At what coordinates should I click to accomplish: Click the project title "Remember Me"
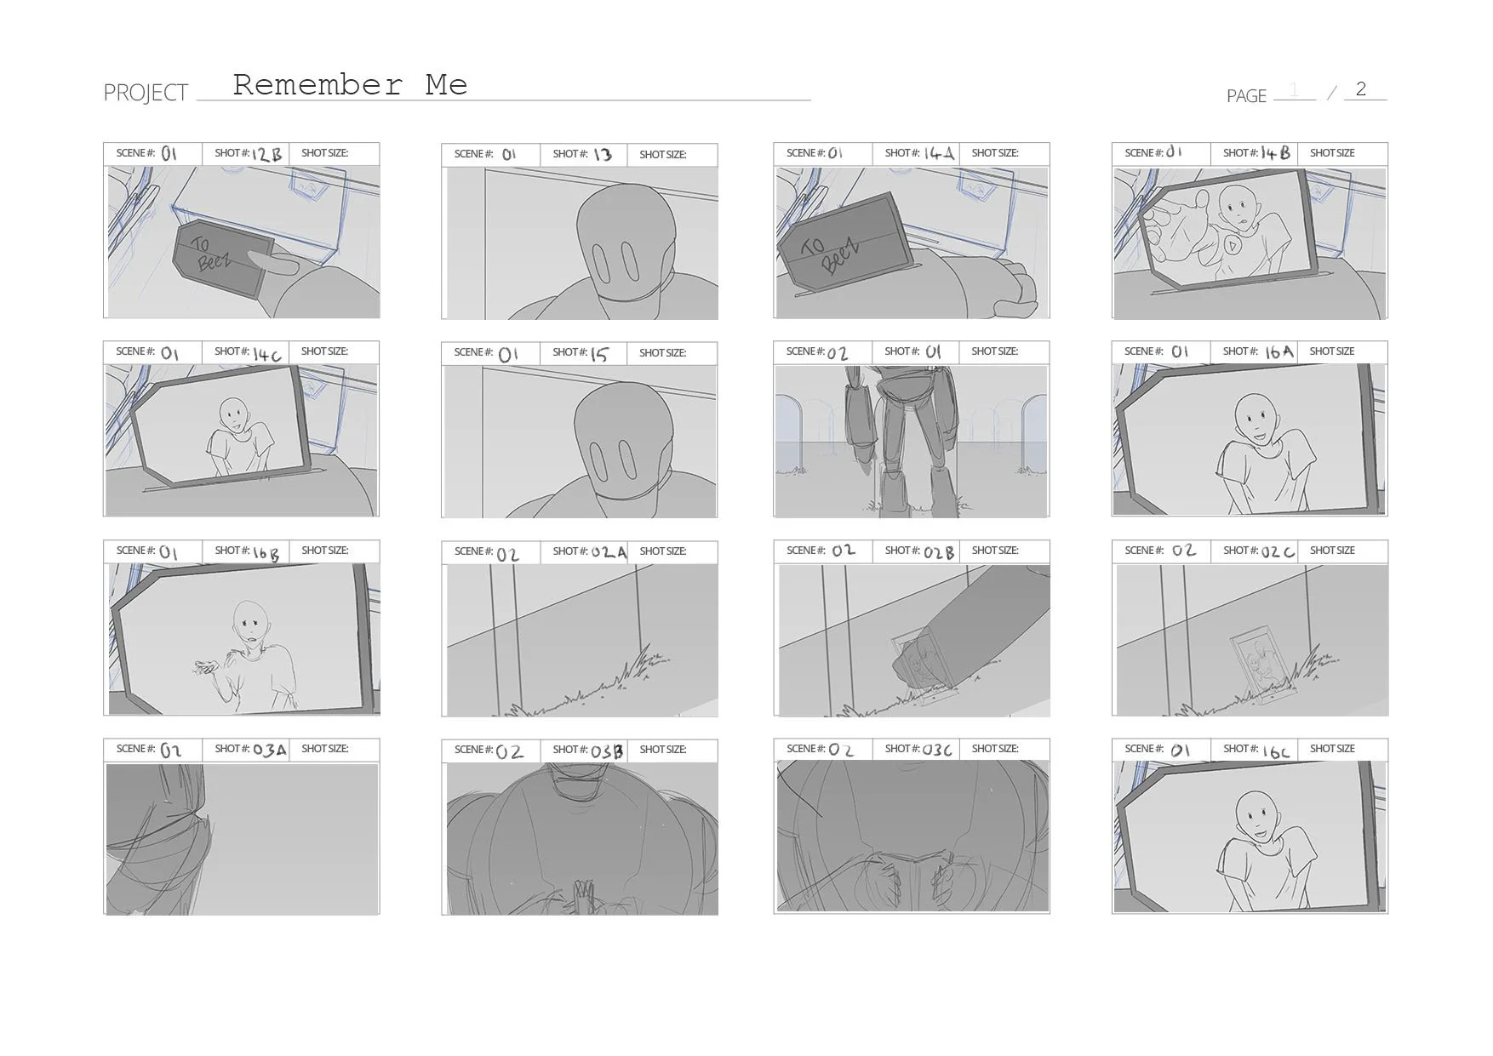pyautogui.click(x=350, y=84)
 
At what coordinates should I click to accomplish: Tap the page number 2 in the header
pyautogui.click(x=1361, y=88)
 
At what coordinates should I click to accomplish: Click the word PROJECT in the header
pyautogui.click(x=146, y=93)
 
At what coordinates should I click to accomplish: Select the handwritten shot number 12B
pyautogui.click(x=266, y=154)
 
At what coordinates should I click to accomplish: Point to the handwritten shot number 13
pyautogui.click(x=603, y=155)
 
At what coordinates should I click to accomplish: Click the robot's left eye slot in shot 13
pyautogui.click(x=600, y=263)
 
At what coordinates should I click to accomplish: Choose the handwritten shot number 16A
pyautogui.click(x=1278, y=351)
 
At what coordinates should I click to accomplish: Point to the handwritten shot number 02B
pyautogui.click(x=938, y=552)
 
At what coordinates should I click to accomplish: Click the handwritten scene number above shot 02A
pyautogui.click(x=507, y=555)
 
